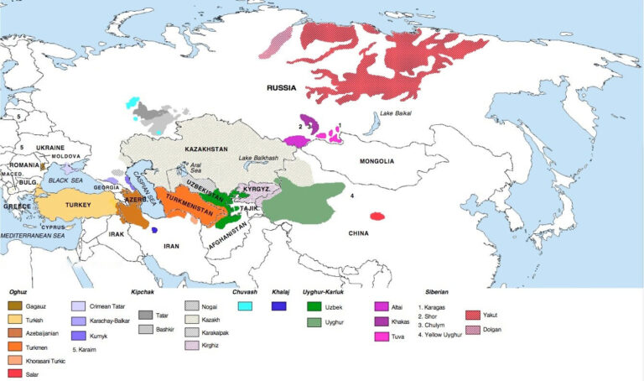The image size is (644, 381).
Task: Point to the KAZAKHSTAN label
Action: pos(206,149)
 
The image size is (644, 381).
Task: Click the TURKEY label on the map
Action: pos(76,205)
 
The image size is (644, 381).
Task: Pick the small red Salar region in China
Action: pos(377,216)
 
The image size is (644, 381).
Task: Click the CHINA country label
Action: pos(360,233)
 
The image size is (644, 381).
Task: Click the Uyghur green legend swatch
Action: pos(316,322)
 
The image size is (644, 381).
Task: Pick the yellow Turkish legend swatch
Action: pos(15,321)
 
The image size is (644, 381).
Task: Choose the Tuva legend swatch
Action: pos(382,337)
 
